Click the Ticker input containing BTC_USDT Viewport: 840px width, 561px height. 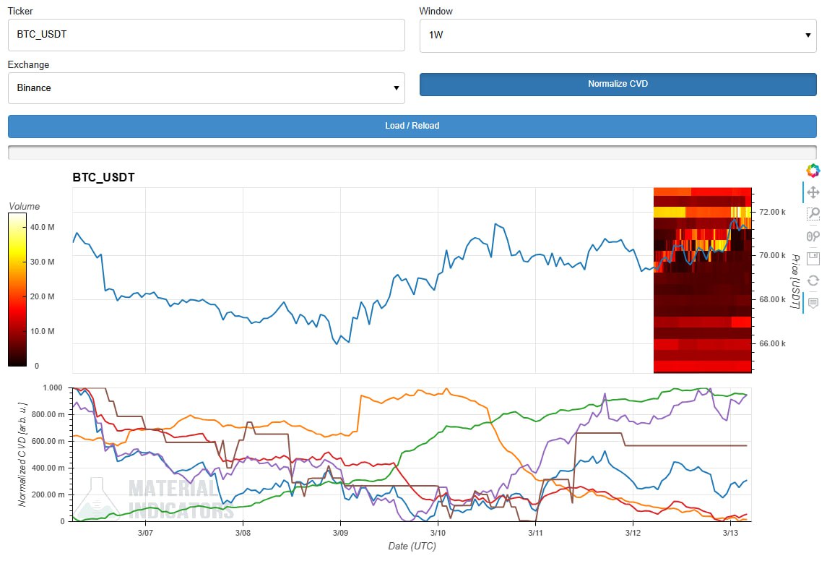206,35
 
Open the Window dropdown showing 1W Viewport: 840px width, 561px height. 618,35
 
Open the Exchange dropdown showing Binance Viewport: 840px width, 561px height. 206,88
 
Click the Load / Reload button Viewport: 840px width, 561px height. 412,126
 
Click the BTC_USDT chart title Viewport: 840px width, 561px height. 103,177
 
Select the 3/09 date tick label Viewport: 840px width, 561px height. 340,533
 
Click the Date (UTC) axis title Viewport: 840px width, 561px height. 412,547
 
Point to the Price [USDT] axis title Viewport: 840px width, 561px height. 795,282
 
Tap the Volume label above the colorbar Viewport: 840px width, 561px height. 24,206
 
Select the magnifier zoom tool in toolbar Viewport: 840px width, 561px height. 813,214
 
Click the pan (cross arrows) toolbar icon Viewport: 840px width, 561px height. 813,192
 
